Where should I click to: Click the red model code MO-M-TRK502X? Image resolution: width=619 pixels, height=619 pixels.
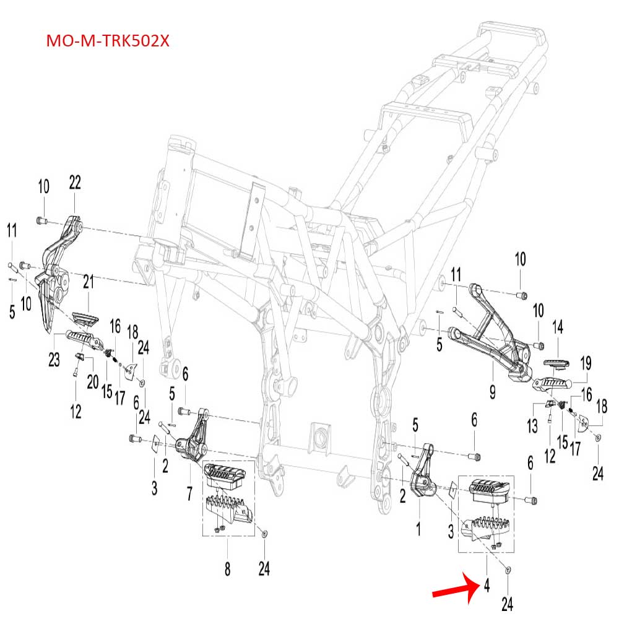[x=108, y=41]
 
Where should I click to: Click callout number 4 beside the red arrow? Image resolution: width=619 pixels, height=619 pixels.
[x=487, y=585]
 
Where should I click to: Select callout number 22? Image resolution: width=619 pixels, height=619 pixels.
[x=75, y=183]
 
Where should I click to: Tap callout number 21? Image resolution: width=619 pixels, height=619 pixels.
[x=89, y=283]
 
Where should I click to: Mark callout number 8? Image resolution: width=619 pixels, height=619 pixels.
[x=227, y=568]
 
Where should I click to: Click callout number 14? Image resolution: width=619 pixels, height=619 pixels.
[x=558, y=326]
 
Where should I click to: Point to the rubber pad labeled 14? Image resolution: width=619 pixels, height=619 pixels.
[x=555, y=363]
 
